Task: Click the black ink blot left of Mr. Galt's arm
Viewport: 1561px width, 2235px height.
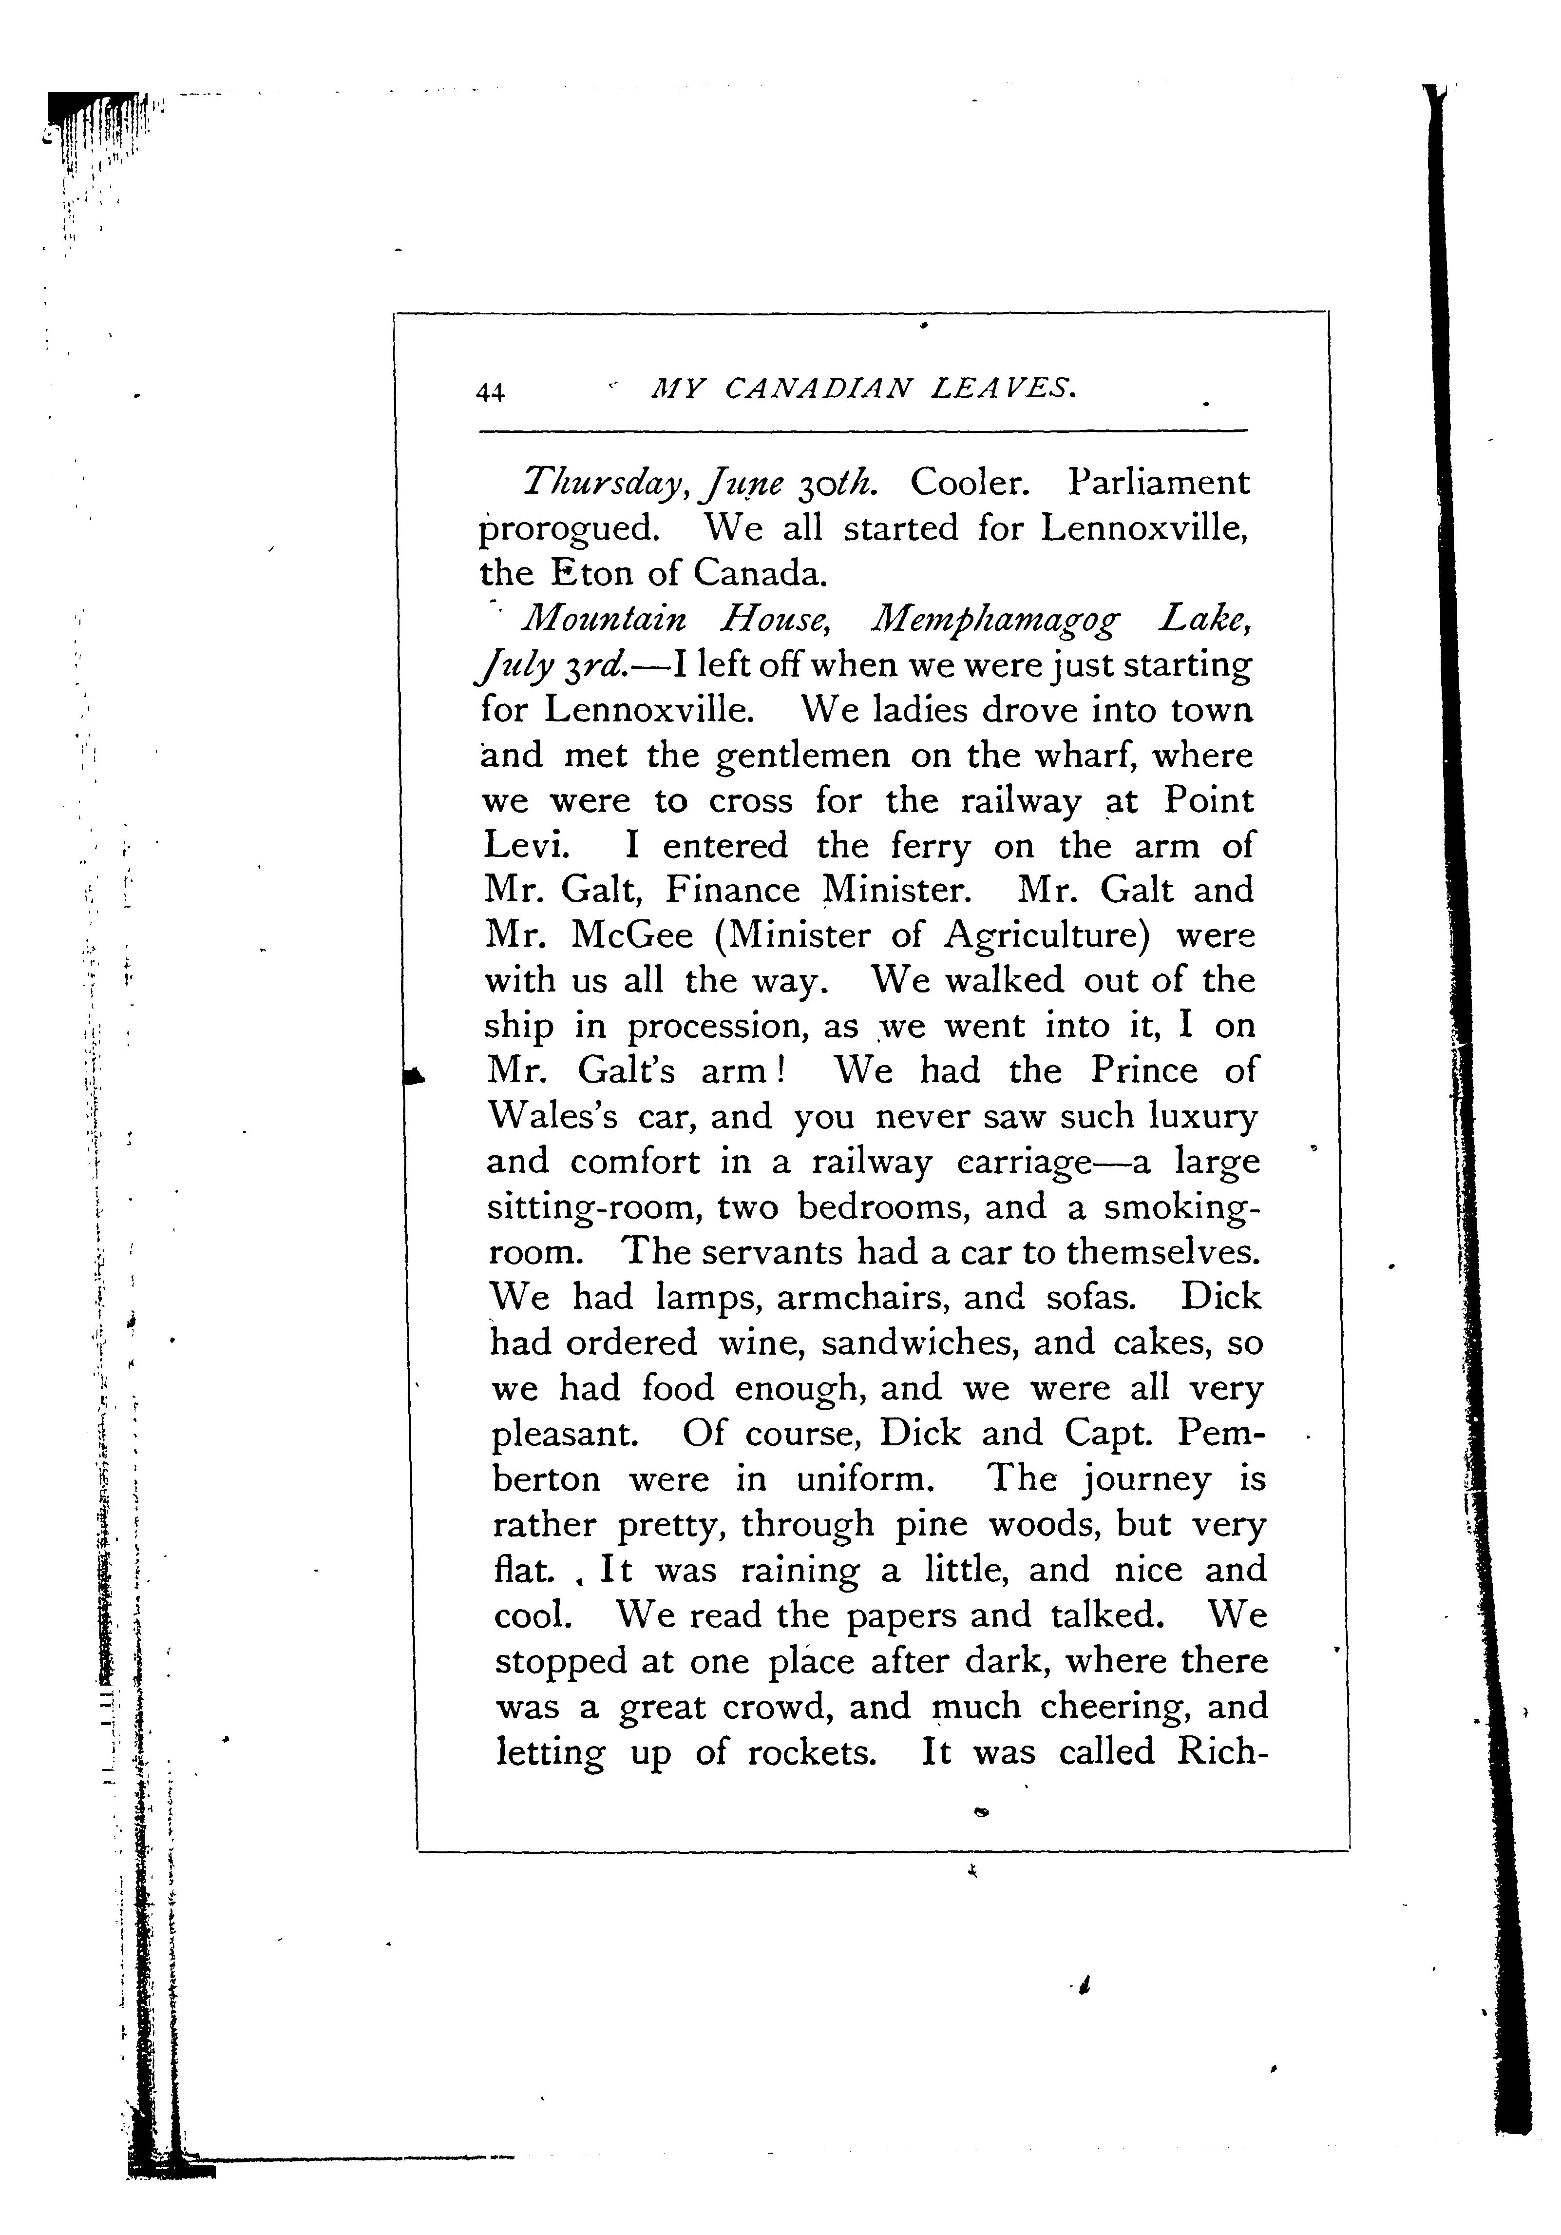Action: (415, 1075)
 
